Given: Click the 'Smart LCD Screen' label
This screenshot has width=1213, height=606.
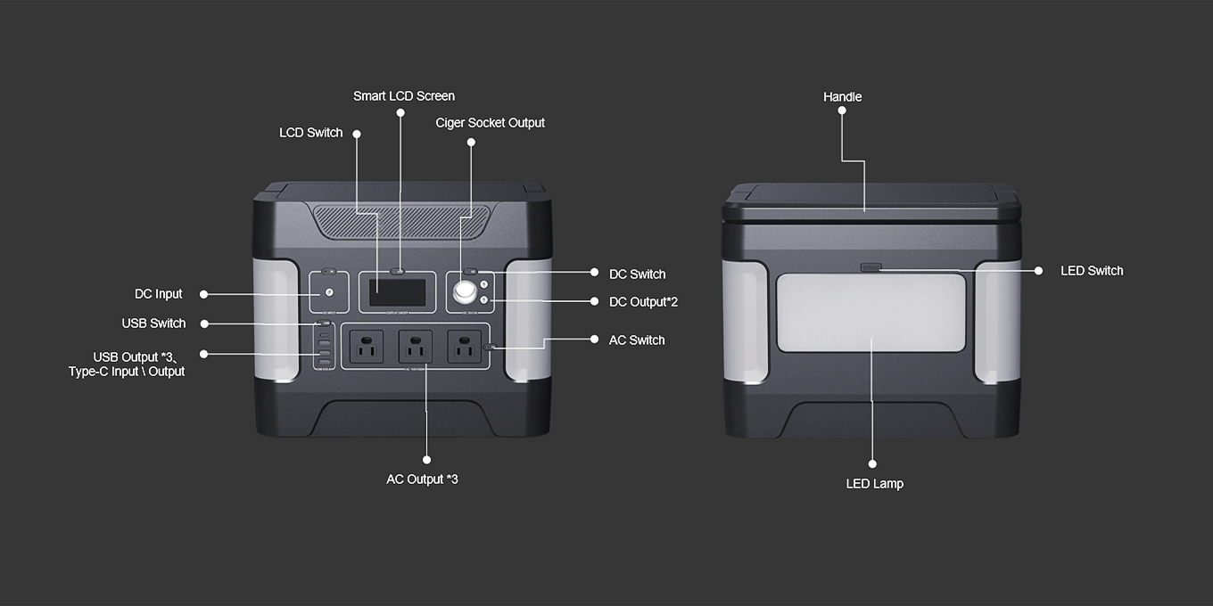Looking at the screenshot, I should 403,96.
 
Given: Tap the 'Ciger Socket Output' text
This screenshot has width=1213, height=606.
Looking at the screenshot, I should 490,123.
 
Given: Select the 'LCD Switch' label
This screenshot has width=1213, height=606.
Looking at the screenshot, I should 310,133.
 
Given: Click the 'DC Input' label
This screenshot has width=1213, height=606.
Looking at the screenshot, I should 158,294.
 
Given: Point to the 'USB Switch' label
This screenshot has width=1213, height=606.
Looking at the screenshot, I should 153,323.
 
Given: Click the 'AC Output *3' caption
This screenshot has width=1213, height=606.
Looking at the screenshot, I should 422,479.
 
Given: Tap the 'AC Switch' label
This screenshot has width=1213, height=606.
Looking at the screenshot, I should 636,340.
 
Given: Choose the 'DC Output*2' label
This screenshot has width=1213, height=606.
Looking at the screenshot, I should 642,302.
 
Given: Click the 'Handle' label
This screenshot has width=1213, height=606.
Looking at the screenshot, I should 842,97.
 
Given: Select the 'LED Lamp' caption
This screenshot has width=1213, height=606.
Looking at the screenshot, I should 874,484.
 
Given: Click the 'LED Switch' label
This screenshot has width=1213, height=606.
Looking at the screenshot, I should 1091,271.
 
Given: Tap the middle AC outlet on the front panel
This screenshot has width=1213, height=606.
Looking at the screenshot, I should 415,348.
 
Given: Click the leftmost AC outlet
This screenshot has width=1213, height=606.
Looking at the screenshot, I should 366,348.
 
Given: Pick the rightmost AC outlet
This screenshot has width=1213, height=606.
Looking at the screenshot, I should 464,348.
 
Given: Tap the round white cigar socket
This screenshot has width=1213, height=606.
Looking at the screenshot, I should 465,292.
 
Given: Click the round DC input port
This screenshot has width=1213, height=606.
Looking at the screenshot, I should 329,292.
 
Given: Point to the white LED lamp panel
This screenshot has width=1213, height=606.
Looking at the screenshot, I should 871,313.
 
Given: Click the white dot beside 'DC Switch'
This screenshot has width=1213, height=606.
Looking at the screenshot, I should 594,273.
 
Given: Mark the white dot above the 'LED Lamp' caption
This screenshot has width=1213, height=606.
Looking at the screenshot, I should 872,464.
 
